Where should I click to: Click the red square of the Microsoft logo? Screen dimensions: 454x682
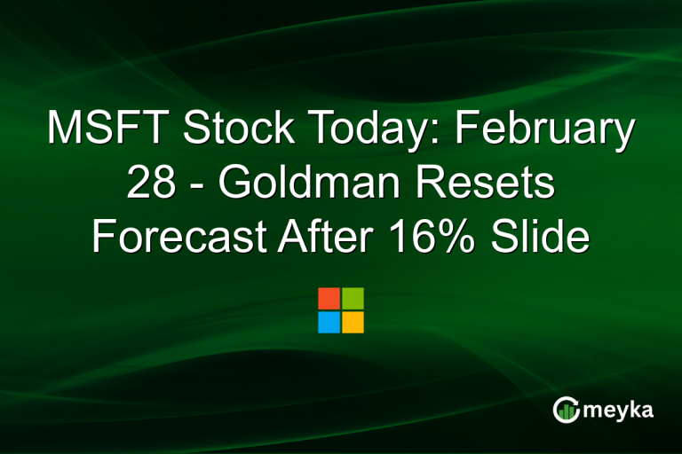point(329,298)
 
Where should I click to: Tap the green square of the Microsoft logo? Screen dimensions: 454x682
point(353,298)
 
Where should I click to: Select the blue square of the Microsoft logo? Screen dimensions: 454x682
point(329,322)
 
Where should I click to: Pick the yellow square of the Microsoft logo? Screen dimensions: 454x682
point(353,322)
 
